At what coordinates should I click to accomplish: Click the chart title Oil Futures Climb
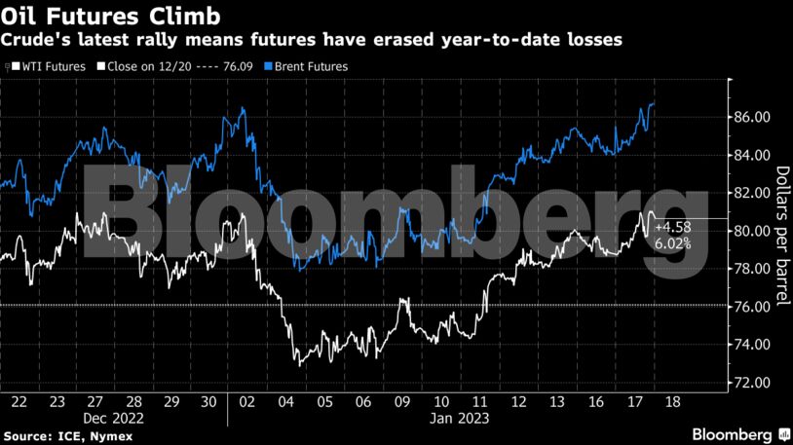tap(109, 17)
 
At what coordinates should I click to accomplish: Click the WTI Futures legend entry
tap(48, 66)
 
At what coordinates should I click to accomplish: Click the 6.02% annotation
tap(672, 244)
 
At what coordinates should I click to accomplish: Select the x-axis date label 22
tap(19, 402)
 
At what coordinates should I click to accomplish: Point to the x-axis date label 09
tap(401, 402)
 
